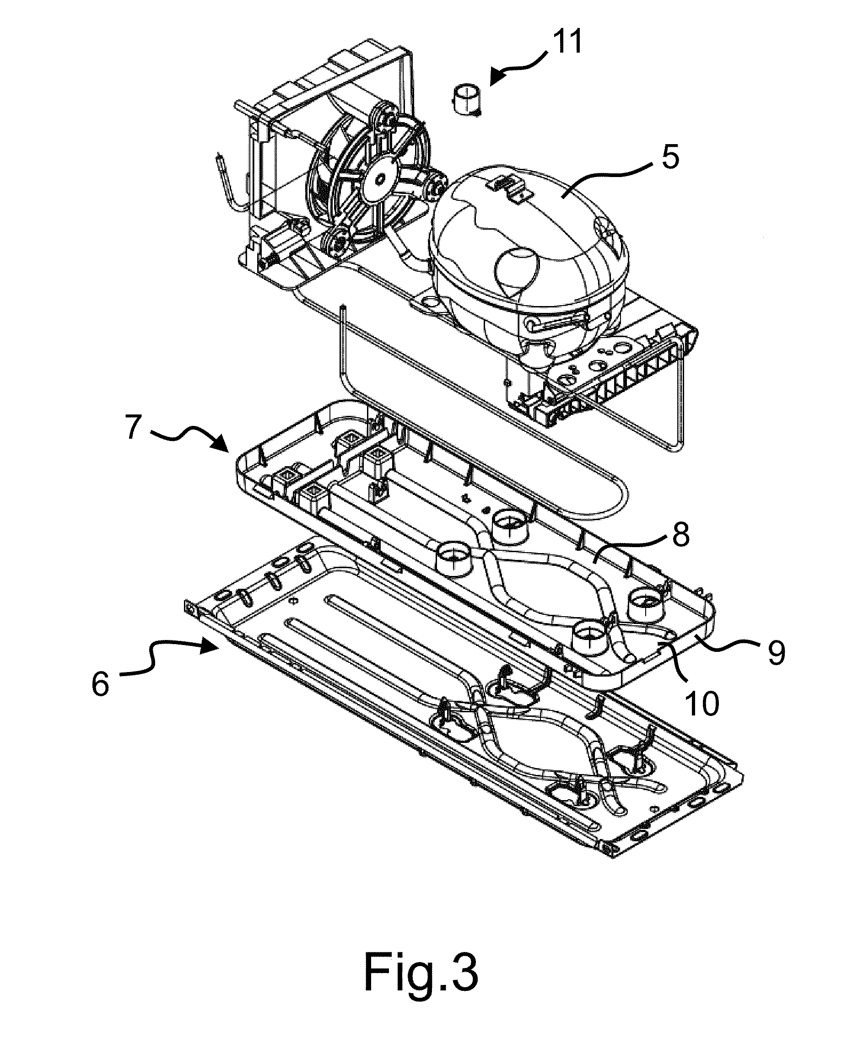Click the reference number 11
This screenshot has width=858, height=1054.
coord(567,42)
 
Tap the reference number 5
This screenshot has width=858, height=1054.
coord(670,157)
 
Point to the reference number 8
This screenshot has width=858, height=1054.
coord(680,535)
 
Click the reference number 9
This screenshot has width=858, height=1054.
coord(776,652)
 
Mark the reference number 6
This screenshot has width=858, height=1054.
coord(101,684)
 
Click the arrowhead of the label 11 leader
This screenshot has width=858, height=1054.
coord(498,78)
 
